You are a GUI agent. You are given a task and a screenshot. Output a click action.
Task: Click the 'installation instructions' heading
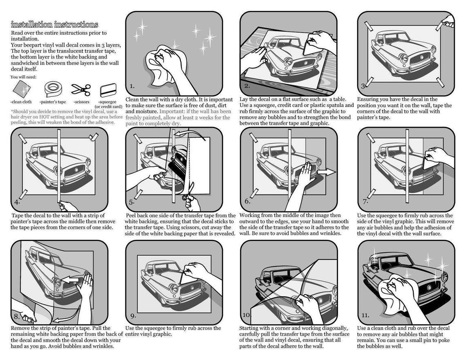54,25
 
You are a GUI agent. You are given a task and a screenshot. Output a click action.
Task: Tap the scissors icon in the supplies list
81,89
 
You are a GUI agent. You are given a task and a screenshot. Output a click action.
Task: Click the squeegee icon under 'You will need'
108,91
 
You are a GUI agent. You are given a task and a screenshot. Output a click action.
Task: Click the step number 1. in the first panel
132,87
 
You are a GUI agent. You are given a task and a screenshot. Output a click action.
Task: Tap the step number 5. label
132,202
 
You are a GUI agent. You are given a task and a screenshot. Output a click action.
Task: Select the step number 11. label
365,315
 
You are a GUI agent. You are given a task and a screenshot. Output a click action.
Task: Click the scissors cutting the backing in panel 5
188,192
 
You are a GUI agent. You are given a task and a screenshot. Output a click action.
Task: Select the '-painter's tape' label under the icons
53,102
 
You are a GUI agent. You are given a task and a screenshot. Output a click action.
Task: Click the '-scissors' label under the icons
81,102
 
